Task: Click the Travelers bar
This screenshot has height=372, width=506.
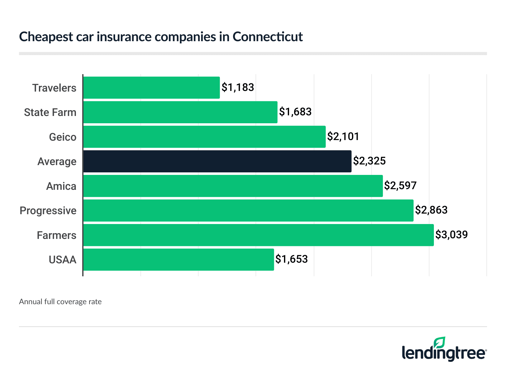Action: coord(151,87)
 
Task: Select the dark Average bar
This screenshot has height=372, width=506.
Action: coord(217,161)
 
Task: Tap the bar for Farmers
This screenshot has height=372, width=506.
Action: coord(258,235)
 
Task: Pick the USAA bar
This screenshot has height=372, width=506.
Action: coord(178,260)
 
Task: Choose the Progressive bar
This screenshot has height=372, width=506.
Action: coord(248,210)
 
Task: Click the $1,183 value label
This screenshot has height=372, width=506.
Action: coord(238,87)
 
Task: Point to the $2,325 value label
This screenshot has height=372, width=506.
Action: coord(369,161)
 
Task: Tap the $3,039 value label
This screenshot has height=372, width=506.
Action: coord(452,235)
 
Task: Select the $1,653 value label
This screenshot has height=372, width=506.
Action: coord(292,259)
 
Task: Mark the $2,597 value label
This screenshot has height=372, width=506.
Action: coord(400,186)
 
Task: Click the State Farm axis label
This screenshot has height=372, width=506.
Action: coord(50,112)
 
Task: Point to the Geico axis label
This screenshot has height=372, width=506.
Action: coord(63,137)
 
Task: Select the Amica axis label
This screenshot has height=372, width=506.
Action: coord(61,186)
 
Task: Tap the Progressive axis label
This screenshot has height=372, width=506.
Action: coord(48,211)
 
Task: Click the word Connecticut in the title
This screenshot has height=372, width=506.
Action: coord(268,37)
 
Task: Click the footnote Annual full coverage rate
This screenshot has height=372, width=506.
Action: coord(60,302)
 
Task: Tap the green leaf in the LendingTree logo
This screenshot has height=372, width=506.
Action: coord(439,343)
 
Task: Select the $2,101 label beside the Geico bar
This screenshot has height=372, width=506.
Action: coord(343,137)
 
